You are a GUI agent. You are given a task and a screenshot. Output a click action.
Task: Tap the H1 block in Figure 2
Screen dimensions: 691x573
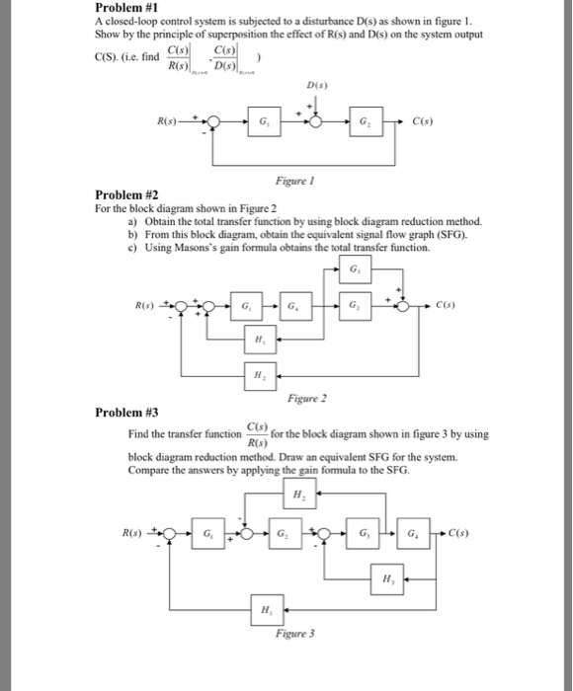(258, 338)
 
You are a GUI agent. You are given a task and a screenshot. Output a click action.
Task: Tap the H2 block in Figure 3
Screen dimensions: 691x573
(299, 495)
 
